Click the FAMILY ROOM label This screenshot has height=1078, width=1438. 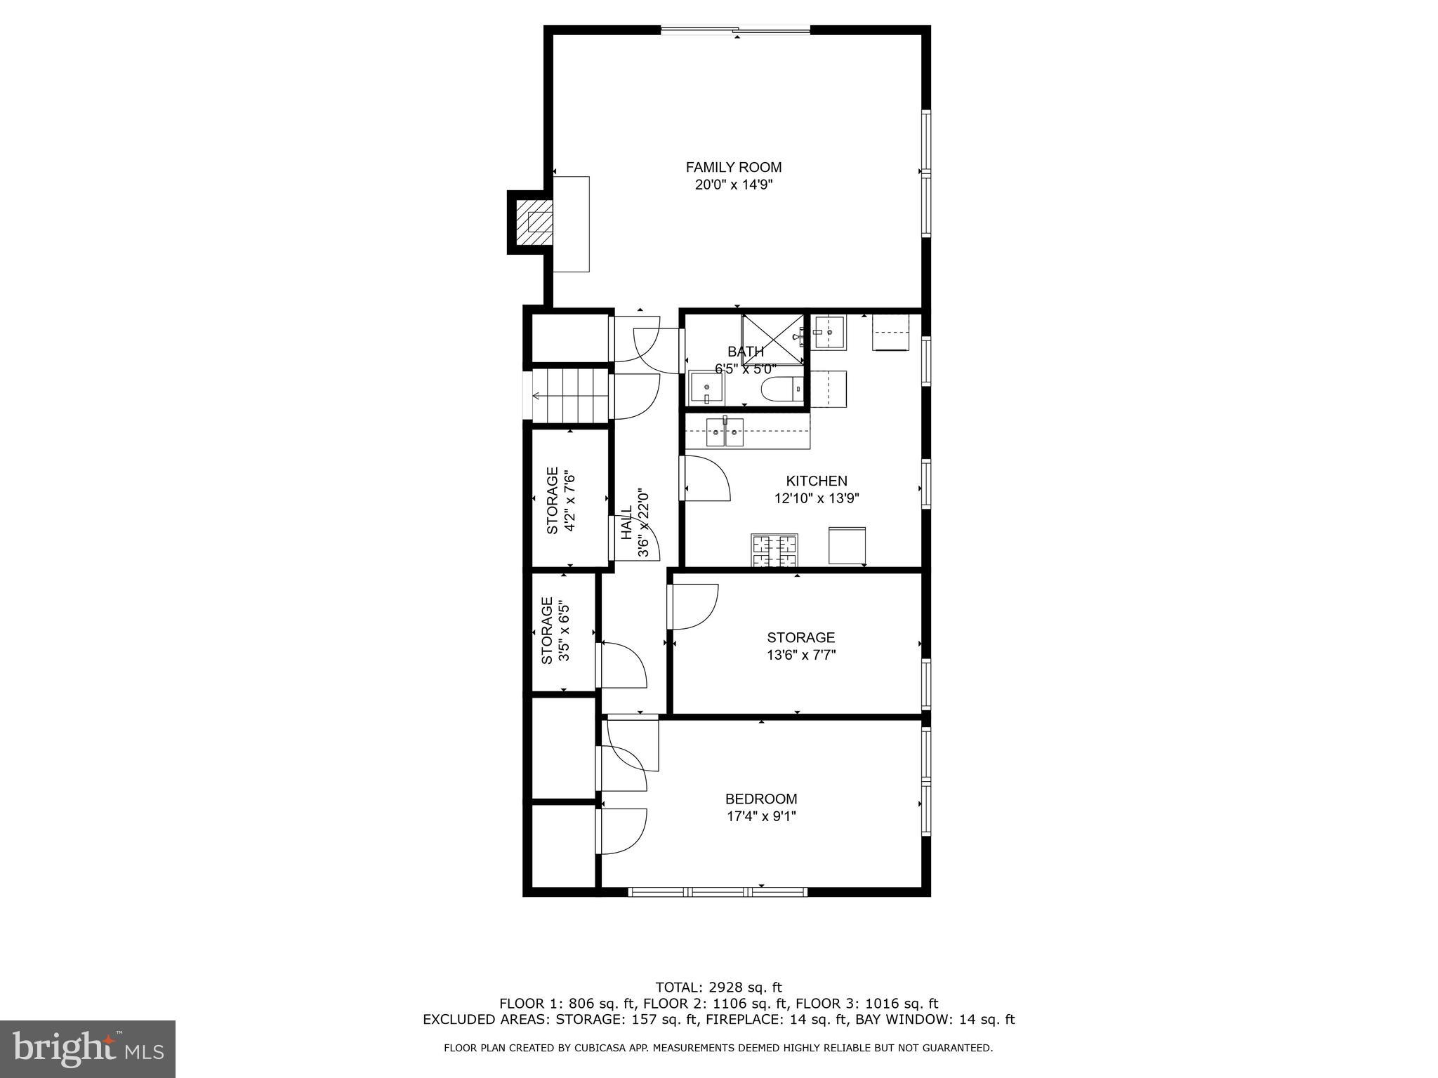733,167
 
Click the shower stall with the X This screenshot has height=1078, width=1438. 773,340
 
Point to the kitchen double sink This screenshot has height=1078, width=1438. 725,431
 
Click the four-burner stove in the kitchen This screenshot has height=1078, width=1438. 775,550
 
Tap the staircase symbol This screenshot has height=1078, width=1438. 570,396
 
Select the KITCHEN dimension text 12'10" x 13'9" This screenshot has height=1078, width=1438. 817,499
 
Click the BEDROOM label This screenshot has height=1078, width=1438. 760,799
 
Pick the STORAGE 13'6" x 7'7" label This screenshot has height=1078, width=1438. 800,646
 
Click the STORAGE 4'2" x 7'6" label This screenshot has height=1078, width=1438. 561,500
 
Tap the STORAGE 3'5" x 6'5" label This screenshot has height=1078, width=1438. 555,630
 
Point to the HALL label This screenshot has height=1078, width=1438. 626,524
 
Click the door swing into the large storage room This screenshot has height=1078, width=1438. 694,606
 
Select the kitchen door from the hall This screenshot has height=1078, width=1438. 706,478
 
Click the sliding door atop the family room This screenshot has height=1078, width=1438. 735,30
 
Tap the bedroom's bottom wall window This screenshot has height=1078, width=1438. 717,892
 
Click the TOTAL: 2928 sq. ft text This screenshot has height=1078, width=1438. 718,987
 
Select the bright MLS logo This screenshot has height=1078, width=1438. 87,1049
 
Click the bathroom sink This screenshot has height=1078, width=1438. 704,388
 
